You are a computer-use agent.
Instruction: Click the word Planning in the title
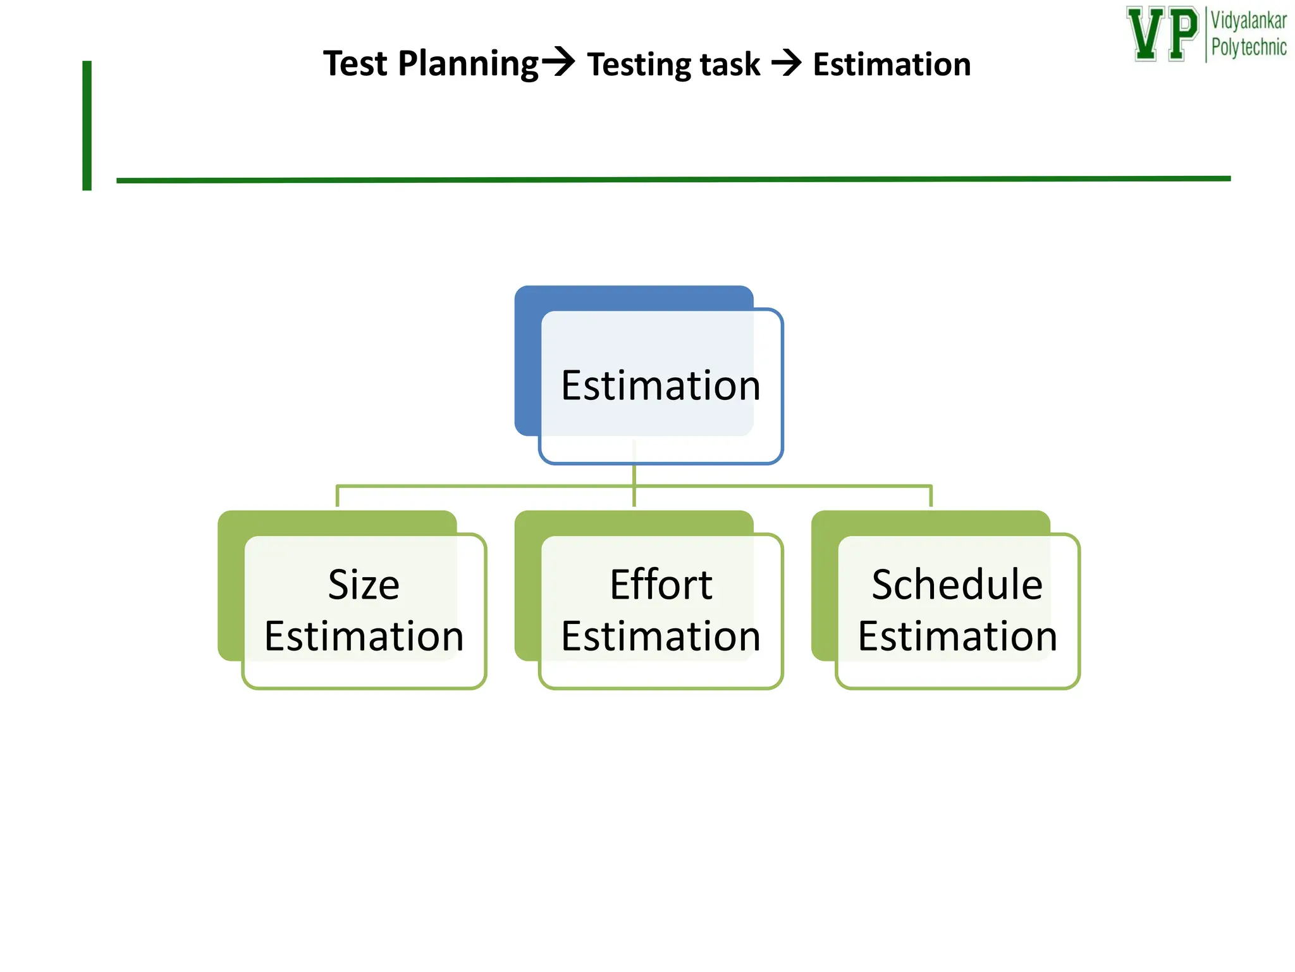468,65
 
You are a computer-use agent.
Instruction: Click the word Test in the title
355,64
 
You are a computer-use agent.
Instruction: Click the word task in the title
733,65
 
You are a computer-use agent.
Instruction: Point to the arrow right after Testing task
787,63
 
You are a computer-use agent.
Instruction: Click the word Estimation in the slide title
892,65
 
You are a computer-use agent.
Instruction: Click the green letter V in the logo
1145,34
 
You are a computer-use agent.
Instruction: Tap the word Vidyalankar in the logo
1248,21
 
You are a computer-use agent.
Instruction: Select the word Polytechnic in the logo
1248,47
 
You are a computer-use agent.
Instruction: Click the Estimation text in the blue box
660,385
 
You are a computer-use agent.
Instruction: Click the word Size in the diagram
364,584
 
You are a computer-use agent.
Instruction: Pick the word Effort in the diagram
661,584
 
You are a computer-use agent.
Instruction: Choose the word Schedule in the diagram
957,584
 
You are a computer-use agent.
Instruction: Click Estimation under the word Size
364,636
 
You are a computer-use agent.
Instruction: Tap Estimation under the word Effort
661,636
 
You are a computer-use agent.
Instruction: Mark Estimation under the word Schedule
957,636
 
